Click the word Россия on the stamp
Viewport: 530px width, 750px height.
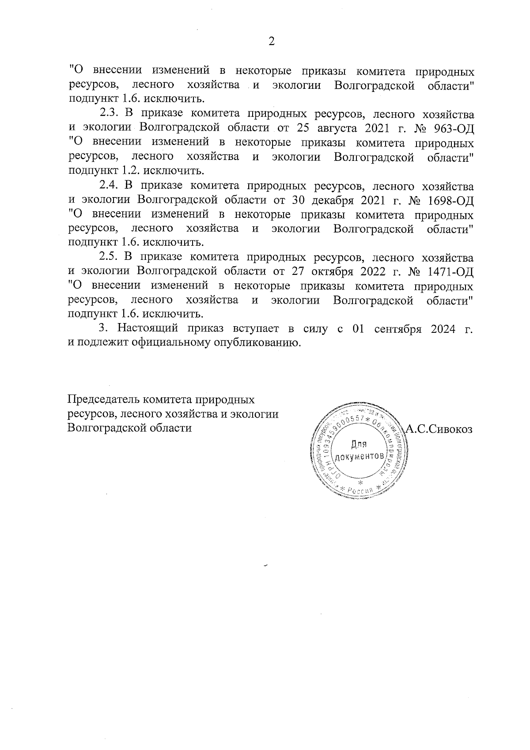click(x=360, y=491)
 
